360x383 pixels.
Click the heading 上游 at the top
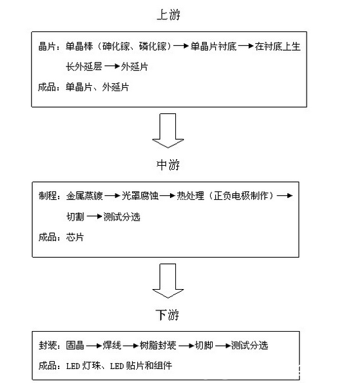pos(168,13)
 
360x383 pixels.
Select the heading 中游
pos(168,164)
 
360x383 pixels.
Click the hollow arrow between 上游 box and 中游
pos(168,130)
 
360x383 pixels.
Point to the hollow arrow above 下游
pos(168,280)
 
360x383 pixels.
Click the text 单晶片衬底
pos(212,46)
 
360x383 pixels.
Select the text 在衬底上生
pos(279,46)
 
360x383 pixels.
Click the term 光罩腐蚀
pos(140,197)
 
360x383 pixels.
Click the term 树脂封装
pos(158,346)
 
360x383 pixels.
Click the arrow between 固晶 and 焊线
pos(93,346)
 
